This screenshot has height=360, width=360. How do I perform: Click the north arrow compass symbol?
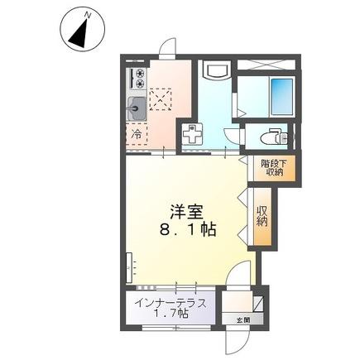coord(77,32)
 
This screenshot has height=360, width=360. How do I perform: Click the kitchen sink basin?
coord(136,107)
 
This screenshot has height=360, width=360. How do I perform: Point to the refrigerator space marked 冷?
coord(135,132)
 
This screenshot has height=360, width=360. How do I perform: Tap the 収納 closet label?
coord(262,217)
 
